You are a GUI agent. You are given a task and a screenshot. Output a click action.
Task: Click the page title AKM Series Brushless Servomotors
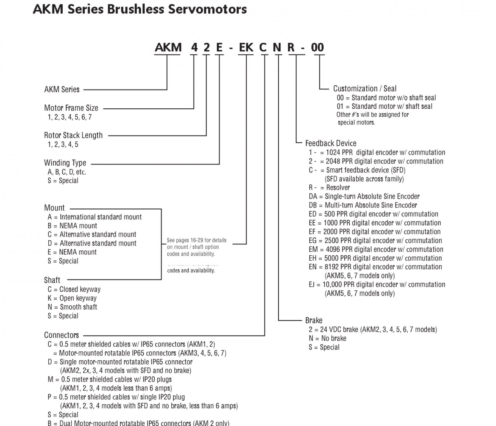140,9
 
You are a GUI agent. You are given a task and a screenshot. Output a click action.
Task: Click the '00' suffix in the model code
317,47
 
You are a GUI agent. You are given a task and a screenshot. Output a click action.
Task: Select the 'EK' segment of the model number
246,47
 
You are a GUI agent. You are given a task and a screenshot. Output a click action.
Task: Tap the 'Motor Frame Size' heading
71,108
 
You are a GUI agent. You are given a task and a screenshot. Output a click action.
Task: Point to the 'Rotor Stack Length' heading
73,135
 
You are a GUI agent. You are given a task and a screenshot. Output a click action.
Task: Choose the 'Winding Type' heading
65,163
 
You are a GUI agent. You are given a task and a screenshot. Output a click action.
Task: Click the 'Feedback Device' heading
331,143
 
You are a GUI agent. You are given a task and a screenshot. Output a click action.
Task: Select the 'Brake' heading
314,320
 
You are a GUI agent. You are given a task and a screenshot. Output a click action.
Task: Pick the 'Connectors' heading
61,335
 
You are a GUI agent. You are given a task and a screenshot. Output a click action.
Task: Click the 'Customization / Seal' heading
365,89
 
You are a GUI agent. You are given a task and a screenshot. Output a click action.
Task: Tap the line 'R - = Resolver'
329,188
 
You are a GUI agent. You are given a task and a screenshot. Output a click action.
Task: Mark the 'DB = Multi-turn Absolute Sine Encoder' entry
363,205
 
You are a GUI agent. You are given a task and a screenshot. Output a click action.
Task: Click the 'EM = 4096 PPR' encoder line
376,250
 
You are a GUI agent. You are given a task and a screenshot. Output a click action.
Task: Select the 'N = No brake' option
327,338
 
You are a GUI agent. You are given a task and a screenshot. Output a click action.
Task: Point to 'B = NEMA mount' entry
72,226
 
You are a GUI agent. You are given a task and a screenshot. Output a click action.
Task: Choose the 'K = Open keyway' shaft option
72,298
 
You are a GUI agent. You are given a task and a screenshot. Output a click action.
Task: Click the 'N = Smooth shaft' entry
72,307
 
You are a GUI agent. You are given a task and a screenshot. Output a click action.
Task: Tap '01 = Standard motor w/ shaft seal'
384,106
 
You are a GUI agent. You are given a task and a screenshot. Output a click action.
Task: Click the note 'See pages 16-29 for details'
197,240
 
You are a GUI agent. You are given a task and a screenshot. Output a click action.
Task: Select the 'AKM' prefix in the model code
168,47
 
